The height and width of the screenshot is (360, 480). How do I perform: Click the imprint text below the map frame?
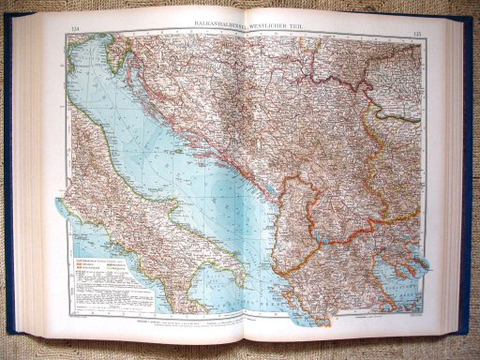pos(234,324)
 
